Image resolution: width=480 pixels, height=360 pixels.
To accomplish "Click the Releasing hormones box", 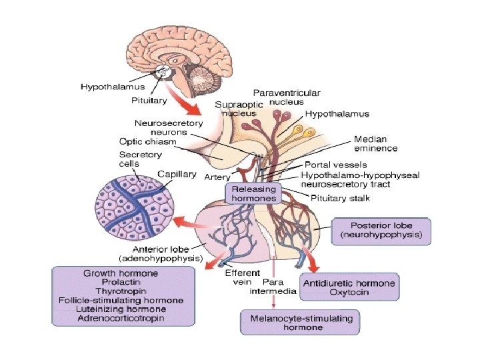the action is point(253,193).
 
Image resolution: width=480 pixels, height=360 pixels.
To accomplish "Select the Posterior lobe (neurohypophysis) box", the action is point(381,231).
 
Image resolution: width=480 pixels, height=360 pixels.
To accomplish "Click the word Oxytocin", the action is point(349,292).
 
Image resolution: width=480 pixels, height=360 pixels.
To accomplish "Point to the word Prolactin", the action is point(121,281).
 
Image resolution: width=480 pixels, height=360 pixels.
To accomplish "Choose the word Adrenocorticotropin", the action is point(121,318).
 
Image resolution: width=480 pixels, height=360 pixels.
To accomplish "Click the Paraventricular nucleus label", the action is point(287,97).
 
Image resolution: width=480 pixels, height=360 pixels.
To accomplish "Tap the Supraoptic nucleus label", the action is point(239,109).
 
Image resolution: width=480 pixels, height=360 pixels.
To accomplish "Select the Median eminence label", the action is point(375,143).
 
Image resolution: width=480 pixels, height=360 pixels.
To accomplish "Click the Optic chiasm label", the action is point(148,141).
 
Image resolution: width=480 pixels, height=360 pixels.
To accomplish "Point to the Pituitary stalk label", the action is point(340,198).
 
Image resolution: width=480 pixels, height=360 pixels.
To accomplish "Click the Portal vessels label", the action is point(336,165).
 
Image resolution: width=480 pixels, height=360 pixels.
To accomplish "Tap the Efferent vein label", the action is point(243,277).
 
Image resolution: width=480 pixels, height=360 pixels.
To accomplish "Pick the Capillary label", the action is point(177,174).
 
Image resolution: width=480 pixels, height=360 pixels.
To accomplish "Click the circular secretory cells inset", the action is point(135,207).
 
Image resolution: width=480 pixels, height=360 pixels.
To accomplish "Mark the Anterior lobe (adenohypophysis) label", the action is point(161,254).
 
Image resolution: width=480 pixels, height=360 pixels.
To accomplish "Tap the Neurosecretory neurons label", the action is point(169,127).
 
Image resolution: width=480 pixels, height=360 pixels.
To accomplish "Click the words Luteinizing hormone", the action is point(121,309).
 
